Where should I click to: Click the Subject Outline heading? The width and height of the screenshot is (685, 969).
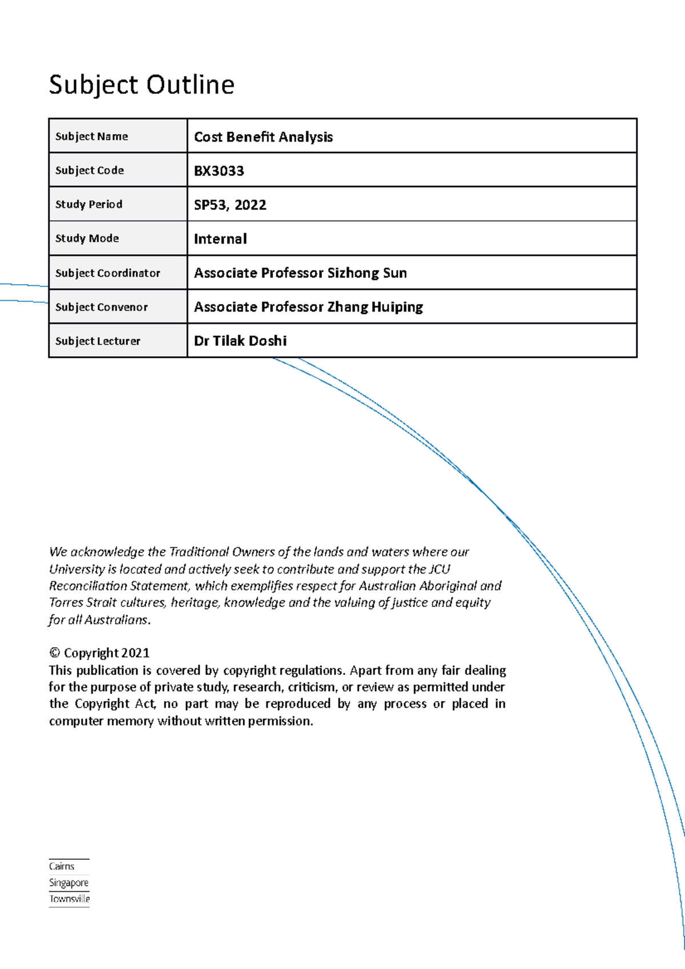pyautogui.click(x=142, y=85)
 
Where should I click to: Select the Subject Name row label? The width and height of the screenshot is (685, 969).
pyautogui.click(x=91, y=136)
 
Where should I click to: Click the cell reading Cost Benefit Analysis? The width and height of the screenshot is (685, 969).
pyautogui.click(x=263, y=137)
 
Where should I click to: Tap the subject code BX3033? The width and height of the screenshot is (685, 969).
pyautogui.click(x=219, y=171)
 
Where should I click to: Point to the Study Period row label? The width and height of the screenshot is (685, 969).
pyautogui.click(x=88, y=204)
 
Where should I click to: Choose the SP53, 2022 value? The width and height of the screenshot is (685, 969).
pyautogui.click(x=230, y=205)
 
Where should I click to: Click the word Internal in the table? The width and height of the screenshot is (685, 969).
pyautogui.click(x=220, y=239)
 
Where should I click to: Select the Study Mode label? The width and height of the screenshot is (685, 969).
pyautogui.click(x=87, y=239)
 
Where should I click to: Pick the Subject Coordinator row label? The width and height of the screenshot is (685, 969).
pyautogui.click(x=107, y=273)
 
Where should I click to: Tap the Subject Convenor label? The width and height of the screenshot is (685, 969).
pyautogui.click(x=101, y=307)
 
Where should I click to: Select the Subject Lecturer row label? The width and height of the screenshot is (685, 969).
pyautogui.click(x=98, y=341)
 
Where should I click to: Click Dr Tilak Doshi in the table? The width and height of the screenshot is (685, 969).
pyautogui.click(x=240, y=341)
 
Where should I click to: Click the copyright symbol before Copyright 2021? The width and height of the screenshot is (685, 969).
pyautogui.click(x=55, y=653)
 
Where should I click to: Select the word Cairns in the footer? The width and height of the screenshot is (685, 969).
pyautogui.click(x=62, y=866)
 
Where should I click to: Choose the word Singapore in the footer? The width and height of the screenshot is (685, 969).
pyautogui.click(x=68, y=883)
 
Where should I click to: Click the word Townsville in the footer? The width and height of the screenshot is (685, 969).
pyautogui.click(x=70, y=899)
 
